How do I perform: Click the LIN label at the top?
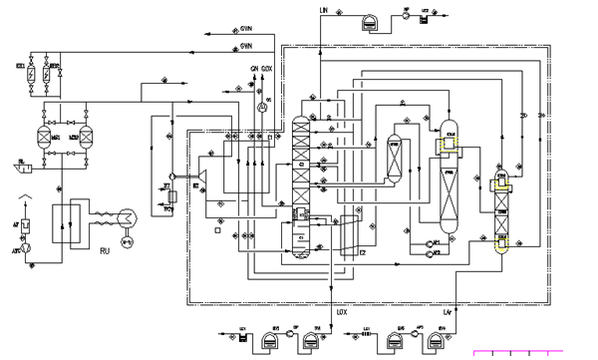322,9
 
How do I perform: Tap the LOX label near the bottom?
341,312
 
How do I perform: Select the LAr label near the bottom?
448,312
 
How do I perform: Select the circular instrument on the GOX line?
260,104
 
